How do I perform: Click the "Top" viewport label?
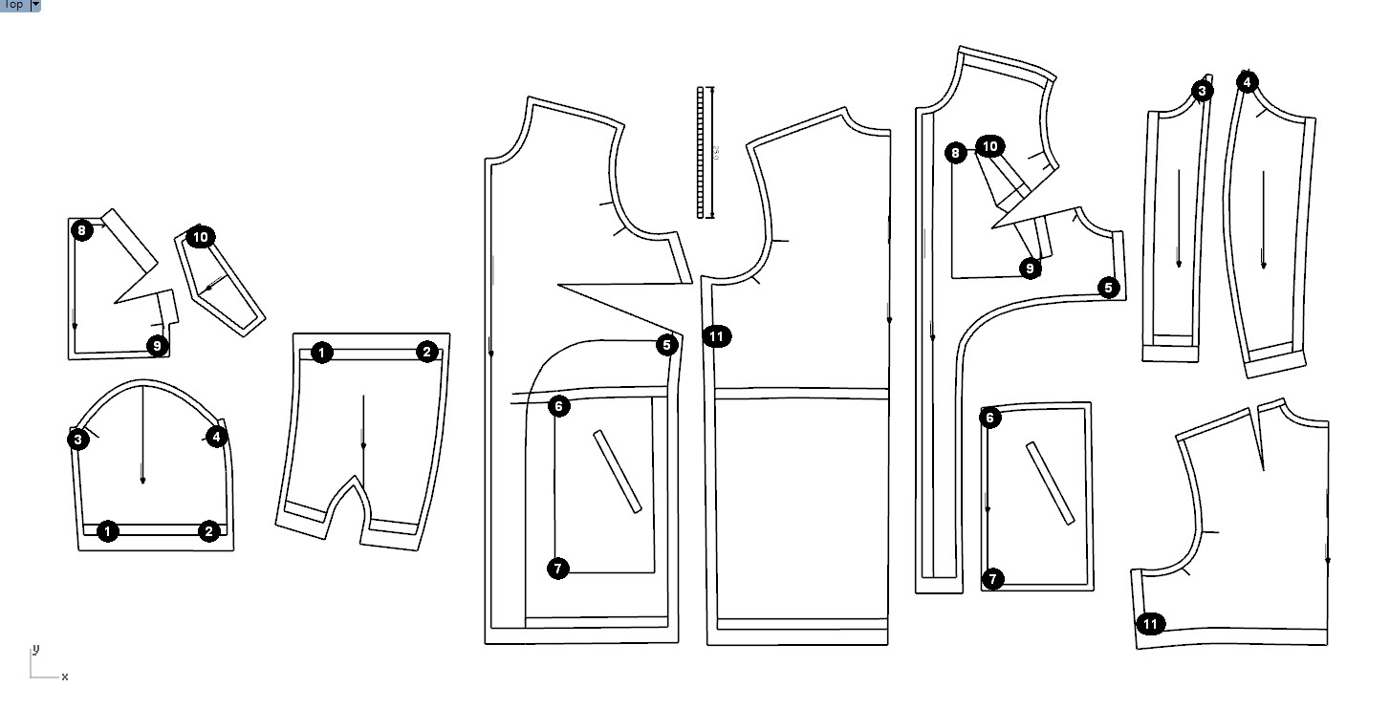coord(13,5)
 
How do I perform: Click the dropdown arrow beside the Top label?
coord(35,5)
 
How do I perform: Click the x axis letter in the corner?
coord(65,677)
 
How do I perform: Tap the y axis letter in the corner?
coord(36,649)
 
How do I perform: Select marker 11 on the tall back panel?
coord(717,335)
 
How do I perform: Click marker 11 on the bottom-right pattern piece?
coord(1151,624)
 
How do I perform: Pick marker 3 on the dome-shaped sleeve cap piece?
coord(78,439)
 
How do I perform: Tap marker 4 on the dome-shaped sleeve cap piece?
coord(217,437)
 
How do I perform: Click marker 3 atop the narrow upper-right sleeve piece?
coord(1203,91)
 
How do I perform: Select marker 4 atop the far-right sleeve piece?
coord(1247,82)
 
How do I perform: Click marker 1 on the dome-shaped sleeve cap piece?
coord(108,531)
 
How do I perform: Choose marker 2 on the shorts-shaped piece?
coord(426,352)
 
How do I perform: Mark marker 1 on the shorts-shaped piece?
coord(322,353)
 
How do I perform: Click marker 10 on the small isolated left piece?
coord(200,237)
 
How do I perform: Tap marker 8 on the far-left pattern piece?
coord(82,229)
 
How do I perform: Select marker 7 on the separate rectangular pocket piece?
coord(993,578)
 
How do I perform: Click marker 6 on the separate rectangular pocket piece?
coord(990,418)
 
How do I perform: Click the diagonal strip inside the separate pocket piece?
coord(1050,483)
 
